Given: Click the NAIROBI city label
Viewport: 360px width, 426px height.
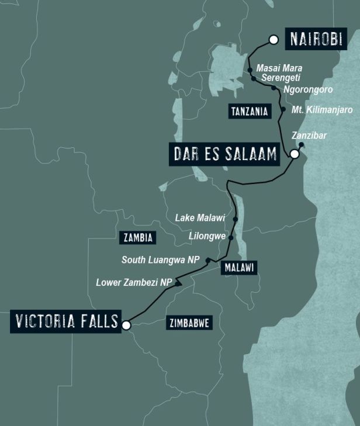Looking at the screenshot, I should tap(316, 40).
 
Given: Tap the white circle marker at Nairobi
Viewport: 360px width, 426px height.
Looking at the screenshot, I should tap(273, 40).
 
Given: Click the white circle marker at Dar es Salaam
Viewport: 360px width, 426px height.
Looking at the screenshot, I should tap(295, 154).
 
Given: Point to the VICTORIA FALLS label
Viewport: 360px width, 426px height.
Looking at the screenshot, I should tap(64, 322).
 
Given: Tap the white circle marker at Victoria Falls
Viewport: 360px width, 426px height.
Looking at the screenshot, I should tap(126, 325).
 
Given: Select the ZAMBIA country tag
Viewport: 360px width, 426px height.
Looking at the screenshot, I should tap(139, 237).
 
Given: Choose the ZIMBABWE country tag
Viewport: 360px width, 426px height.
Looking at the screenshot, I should tap(189, 323).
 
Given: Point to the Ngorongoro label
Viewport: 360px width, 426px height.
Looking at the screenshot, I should tap(307, 89).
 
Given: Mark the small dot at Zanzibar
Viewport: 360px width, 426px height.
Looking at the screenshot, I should tap(301, 144).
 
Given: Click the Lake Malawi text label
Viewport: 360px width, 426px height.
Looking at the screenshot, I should tap(200, 217).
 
